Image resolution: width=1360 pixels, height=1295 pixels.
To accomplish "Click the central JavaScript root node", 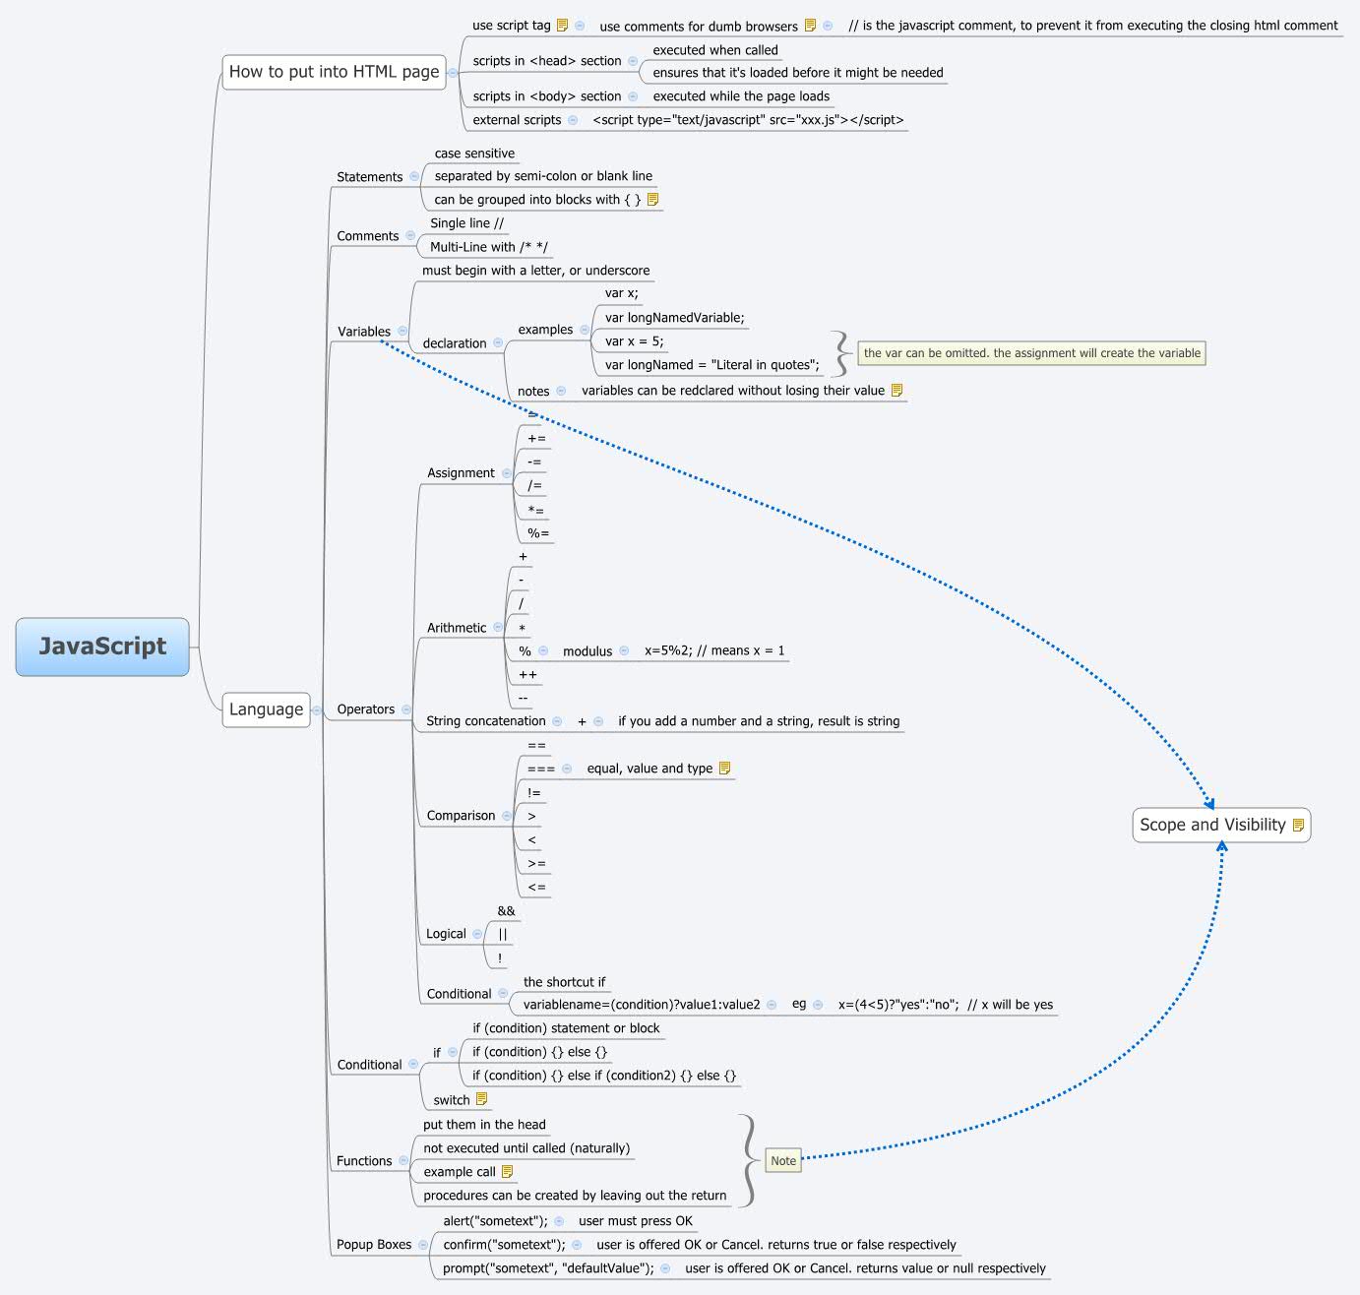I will pos(102,647).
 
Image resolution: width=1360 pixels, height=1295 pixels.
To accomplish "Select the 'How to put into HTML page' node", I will pos(334,72).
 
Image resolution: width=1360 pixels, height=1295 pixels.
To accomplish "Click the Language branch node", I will pos(266,709).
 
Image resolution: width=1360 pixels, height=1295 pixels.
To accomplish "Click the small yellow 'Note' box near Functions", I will pos(783,1161).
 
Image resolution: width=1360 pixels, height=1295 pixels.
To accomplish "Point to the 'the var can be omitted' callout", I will pos(1031,353).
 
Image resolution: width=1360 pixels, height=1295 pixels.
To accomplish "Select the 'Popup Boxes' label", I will pos(374,1245).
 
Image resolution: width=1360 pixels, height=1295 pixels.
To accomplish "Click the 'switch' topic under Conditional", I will pos(452,1100).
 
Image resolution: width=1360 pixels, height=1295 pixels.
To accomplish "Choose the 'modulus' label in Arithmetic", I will pos(587,651).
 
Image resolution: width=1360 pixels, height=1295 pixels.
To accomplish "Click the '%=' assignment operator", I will pos(538,533).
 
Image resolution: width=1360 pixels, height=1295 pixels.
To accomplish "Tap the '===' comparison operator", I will pos(541,769).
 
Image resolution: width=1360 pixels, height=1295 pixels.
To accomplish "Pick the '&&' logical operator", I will pos(506,911).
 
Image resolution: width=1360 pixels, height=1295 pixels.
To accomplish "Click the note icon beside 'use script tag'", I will pos(563,26).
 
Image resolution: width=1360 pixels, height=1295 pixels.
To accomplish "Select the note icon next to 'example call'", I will pos(508,1172).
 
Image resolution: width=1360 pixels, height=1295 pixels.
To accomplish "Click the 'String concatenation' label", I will pos(485,721).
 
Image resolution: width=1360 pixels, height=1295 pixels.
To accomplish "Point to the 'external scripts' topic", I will pos(517,120).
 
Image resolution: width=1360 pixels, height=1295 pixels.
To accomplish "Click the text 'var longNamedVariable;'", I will pos(674,318).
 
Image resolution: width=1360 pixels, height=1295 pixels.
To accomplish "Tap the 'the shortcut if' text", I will pos(564,982).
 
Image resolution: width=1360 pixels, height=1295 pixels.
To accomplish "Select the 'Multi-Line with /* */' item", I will pos(489,247).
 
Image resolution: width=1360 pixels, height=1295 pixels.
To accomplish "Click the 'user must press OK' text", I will pos(636,1221).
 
